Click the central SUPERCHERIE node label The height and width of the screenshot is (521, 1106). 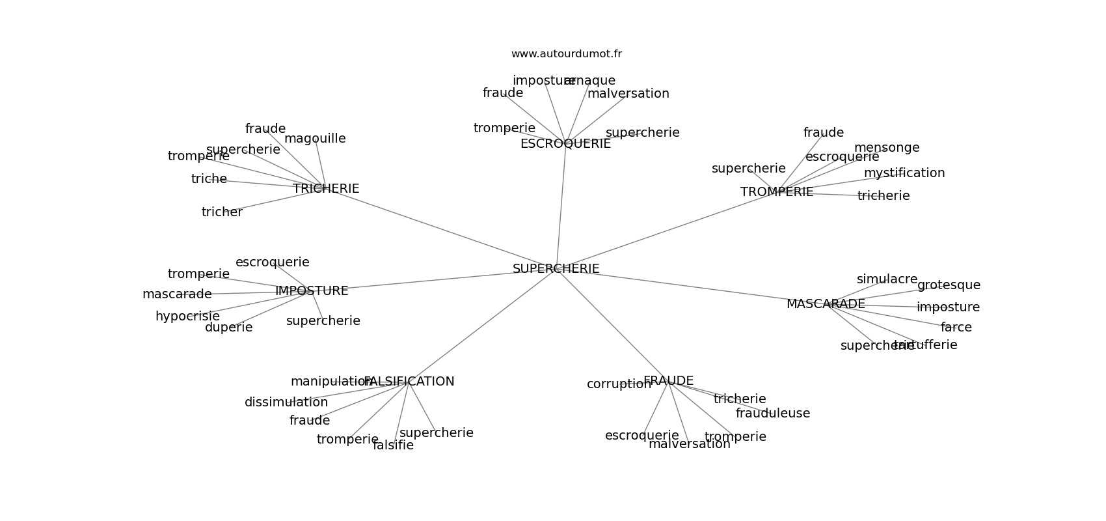[556, 268]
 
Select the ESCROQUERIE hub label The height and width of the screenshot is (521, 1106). [565, 144]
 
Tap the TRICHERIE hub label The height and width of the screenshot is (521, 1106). [326, 188]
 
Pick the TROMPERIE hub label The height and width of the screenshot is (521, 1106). [777, 192]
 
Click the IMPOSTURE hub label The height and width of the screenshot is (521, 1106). [312, 291]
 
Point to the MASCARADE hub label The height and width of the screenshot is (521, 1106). [826, 304]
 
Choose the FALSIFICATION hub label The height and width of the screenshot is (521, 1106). [409, 382]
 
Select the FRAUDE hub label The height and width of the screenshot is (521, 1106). [668, 381]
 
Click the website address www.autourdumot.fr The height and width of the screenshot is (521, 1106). [566, 54]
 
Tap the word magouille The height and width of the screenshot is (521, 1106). [315, 139]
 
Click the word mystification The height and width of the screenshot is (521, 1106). [904, 173]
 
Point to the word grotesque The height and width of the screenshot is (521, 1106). [949, 285]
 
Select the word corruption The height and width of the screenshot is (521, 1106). [619, 384]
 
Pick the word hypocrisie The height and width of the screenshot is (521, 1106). [187, 317]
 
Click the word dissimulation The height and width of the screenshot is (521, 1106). [286, 402]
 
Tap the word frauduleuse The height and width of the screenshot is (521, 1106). [773, 414]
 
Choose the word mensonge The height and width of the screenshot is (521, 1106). [887, 148]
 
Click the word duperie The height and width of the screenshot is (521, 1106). [228, 328]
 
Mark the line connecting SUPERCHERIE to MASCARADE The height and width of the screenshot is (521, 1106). [690, 286]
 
